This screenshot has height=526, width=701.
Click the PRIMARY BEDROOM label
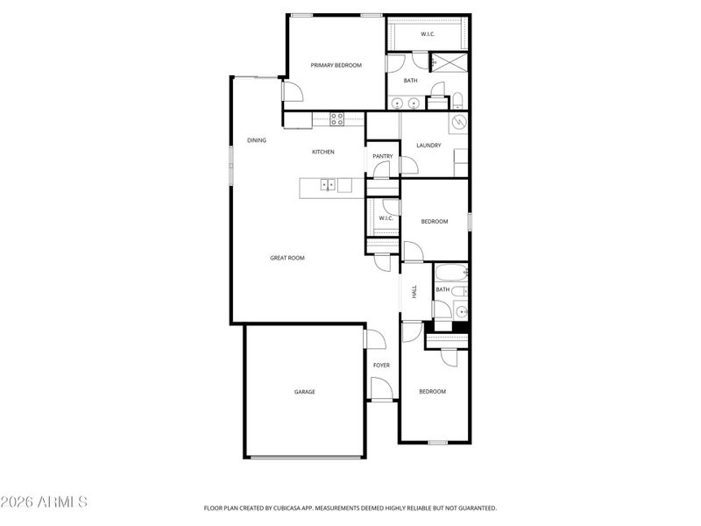pos(336,65)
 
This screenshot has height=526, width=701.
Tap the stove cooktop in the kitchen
pos(336,117)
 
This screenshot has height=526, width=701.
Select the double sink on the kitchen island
pos(328,184)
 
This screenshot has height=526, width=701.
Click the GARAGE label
pos(304,392)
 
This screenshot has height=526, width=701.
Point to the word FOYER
pos(381,365)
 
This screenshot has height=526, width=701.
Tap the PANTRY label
pos(383,156)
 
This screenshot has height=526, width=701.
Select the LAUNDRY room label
pos(428,146)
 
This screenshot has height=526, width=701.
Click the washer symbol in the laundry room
pos(459,123)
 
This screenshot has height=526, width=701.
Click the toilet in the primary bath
pos(457,98)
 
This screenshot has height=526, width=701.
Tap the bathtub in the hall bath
pos(450,274)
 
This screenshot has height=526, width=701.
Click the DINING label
pos(256,140)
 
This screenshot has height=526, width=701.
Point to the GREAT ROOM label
pos(287,258)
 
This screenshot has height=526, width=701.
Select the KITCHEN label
pos(323,153)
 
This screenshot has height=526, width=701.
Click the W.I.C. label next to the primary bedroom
pos(428,34)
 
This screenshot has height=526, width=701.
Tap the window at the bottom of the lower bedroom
pos(439,442)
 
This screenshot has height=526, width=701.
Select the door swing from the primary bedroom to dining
pos(290,91)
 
